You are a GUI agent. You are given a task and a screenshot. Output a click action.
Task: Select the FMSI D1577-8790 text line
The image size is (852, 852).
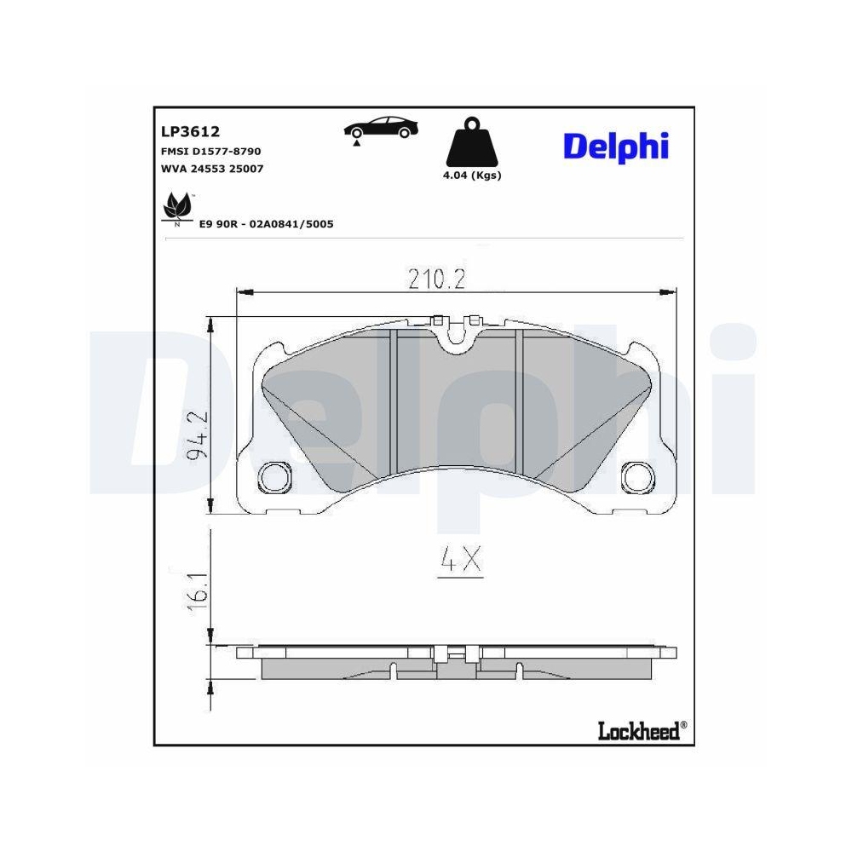(210, 151)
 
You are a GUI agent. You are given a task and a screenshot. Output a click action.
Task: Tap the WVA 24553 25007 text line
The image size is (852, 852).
(211, 168)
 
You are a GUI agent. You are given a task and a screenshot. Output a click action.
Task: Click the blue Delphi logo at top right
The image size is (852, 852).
(615, 147)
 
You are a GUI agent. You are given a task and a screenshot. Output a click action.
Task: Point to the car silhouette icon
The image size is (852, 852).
(381, 129)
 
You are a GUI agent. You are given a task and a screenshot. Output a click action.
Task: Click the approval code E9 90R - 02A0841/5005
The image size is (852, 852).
(265, 224)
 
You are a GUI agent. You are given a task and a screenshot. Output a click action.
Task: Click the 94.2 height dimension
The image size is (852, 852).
(197, 436)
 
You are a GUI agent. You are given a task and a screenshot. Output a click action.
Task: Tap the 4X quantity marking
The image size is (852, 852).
(461, 561)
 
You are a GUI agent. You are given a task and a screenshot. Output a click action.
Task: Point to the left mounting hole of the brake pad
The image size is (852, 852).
(274, 476)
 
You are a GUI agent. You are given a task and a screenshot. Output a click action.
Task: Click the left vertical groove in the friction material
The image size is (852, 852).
(394, 400)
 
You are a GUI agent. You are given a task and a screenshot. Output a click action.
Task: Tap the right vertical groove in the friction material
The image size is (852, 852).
(520, 400)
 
